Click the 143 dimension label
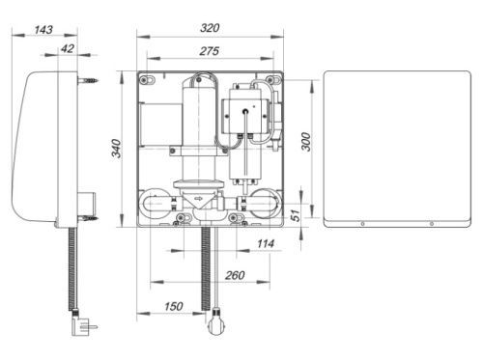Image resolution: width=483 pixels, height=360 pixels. [x=43, y=30]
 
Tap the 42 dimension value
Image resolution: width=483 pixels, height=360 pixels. [x=68, y=48]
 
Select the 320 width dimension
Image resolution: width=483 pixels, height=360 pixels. [x=210, y=28]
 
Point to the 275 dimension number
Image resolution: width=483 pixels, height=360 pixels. [x=209, y=51]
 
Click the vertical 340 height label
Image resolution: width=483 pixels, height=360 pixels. [x=116, y=149]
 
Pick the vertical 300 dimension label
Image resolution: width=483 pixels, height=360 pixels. [x=306, y=142]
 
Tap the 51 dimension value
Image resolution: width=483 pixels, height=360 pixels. [x=296, y=214]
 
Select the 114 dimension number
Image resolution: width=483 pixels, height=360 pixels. [x=266, y=243]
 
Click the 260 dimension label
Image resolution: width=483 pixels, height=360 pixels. [x=235, y=275]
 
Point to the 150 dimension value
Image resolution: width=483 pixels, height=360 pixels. [x=174, y=306]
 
